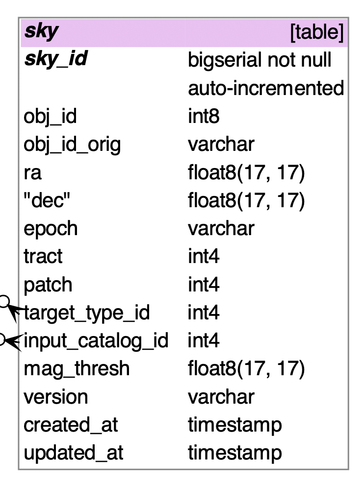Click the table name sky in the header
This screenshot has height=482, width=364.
41,31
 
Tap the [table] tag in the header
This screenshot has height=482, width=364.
316,32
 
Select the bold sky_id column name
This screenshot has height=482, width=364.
55,59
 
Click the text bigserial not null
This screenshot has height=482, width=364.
260,60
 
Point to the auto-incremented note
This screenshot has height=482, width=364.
265,88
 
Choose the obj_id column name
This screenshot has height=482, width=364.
50,117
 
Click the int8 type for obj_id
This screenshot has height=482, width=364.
203,117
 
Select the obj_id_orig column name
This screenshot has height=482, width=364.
72,145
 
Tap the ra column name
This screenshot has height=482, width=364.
33,173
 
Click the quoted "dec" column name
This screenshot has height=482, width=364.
45,200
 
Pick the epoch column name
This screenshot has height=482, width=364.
51,229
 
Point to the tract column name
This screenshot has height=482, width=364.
43,256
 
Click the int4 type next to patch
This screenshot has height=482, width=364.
203,285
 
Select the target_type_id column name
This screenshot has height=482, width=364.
86,313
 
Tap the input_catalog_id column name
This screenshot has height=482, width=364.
96,340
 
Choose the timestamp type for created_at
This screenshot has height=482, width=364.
234,425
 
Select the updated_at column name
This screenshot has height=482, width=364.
73,453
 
